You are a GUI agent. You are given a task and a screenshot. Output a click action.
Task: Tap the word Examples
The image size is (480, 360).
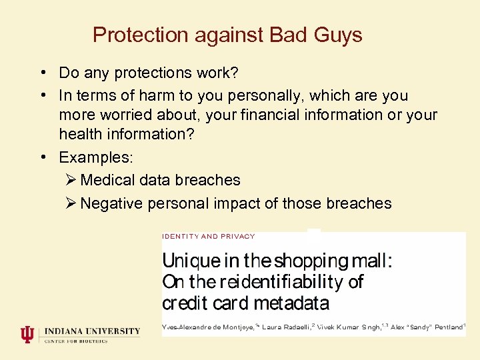click(96, 157)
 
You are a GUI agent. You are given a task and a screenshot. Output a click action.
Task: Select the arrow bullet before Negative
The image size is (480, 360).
click(71, 203)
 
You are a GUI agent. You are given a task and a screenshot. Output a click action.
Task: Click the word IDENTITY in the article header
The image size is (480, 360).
click(180, 236)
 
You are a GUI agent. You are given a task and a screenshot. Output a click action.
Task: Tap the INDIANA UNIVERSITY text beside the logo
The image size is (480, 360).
click(92, 331)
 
